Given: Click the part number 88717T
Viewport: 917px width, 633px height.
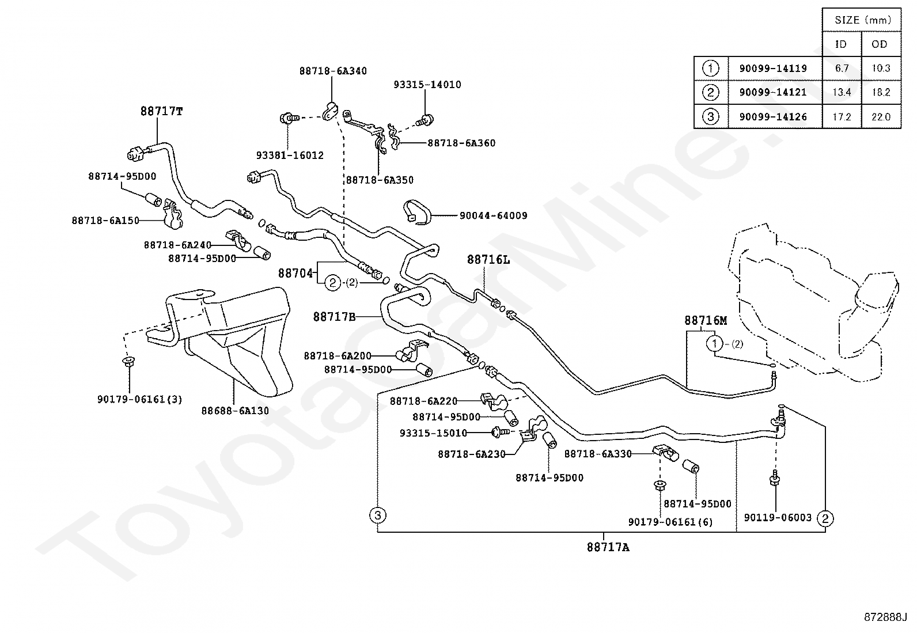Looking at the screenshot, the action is coord(161,111).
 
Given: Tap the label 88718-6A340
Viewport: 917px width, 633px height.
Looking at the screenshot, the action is coord(333,71).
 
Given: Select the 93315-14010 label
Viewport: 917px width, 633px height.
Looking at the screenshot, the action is coord(427,85).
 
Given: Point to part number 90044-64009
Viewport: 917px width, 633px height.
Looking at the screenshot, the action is coord(493,215).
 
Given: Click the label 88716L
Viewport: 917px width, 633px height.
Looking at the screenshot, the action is coord(488,260).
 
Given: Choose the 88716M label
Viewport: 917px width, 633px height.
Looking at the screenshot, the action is coord(706,320).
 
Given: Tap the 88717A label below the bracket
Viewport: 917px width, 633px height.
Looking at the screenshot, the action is coord(608,547).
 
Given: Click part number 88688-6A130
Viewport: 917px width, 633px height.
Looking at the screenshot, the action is coord(235,411).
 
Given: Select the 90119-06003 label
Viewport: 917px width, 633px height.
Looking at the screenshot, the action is coord(778,518).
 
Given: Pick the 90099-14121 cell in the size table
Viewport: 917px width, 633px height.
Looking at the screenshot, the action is coord(773,92).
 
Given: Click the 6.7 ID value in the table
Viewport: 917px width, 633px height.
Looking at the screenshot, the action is coord(842,68).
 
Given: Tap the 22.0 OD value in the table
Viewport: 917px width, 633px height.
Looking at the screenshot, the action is coord(881,117).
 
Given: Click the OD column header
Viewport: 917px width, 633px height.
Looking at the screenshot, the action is coord(880,44).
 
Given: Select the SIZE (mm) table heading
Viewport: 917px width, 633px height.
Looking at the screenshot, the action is coord(862,20).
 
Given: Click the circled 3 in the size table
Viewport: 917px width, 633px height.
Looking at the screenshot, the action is coord(711,117).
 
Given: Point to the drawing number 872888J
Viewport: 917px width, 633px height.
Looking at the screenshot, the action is coord(885,617).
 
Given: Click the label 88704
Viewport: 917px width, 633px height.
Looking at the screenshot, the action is coord(295,273).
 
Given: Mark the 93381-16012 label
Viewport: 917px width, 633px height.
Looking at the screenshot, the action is coord(290,155).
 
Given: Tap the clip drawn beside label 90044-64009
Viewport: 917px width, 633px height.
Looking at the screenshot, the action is coord(417,212).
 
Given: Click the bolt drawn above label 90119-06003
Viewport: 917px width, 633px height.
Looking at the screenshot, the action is coord(774,478).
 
